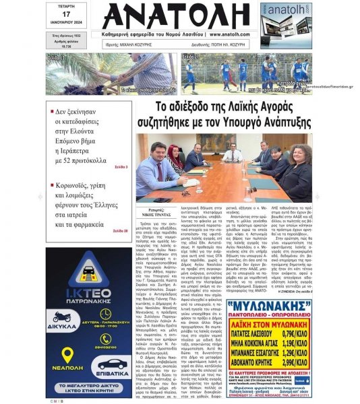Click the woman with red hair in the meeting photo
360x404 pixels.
(x=175, y=159)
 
